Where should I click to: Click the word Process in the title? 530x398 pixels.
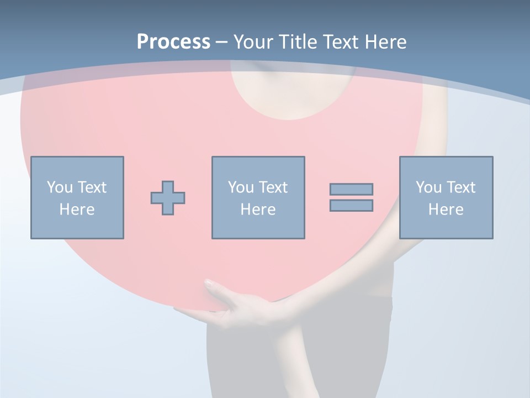pos(173,41)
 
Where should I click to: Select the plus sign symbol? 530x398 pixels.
pos(168,198)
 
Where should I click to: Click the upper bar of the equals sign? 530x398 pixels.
pos(351,189)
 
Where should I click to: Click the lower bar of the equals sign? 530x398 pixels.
pos(351,205)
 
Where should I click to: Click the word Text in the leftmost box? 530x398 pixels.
pos(92,187)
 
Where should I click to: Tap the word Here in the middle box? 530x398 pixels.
pos(258,210)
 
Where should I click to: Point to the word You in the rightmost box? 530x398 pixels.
pos(428,187)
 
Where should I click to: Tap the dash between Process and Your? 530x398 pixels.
pos(221,42)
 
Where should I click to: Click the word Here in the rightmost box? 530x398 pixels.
pos(446,210)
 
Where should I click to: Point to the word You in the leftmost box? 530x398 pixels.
pos(60,187)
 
